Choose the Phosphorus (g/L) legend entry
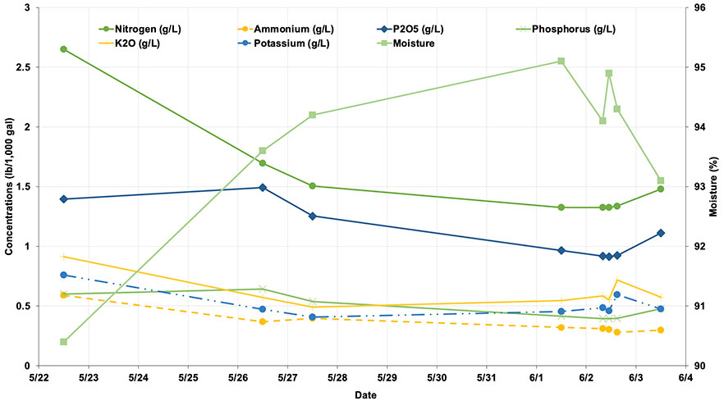573,29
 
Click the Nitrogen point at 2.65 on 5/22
63,49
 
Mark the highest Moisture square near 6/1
561,62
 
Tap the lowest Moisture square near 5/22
63,342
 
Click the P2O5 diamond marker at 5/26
263,187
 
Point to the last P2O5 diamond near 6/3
660,233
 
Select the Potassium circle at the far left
63,275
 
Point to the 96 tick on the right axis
700,7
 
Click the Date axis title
366,395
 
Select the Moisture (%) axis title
717,187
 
